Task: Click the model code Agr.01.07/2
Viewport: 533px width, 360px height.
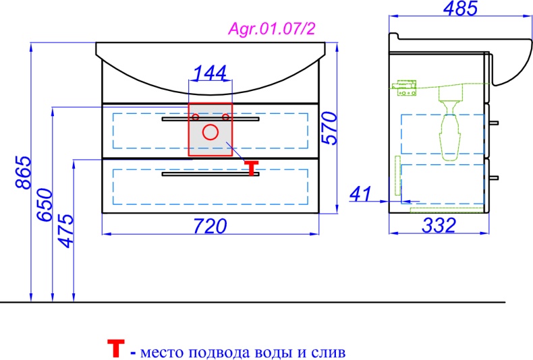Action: coord(272,28)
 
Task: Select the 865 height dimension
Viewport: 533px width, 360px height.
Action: coord(24,172)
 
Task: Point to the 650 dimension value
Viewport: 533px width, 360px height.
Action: coord(45,205)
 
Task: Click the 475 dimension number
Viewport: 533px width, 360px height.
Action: coord(65,231)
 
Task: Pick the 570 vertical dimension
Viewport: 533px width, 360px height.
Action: coord(330,128)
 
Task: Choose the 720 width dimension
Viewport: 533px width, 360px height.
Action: coord(210,226)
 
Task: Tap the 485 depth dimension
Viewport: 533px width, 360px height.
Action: coord(461,8)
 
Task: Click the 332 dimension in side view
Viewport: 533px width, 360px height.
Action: coord(439,225)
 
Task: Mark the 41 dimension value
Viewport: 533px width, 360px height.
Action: coord(360,194)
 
